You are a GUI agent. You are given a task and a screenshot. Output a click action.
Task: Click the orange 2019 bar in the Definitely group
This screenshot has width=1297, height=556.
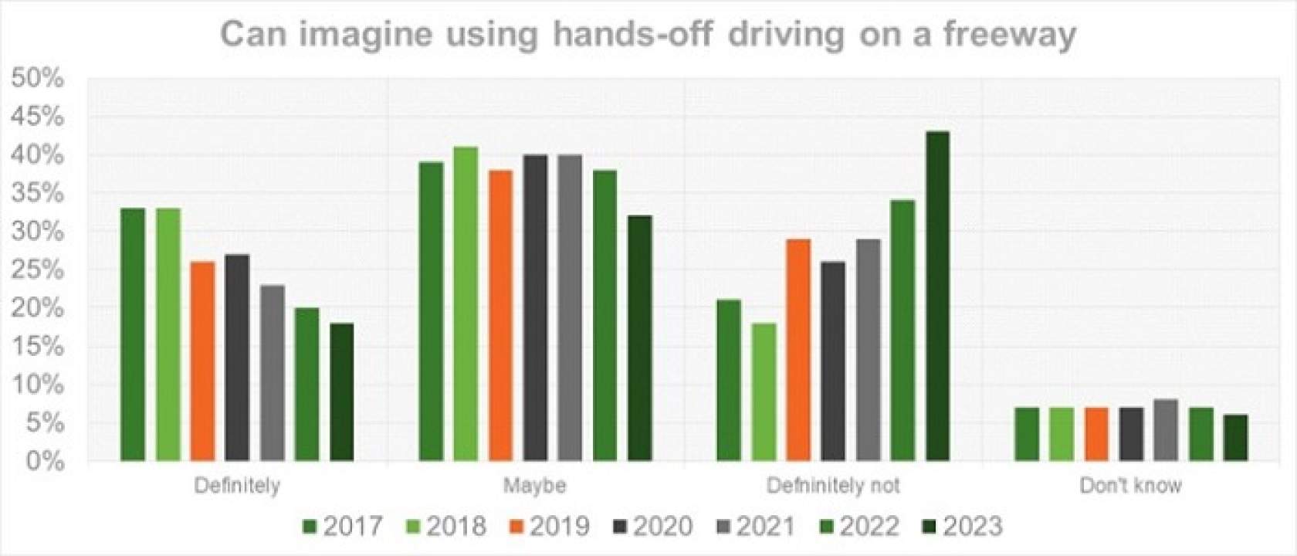pyautogui.click(x=202, y=361)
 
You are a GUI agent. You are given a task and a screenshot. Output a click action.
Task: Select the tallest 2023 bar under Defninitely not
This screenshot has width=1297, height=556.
pyautogui.click(x=937, y=297)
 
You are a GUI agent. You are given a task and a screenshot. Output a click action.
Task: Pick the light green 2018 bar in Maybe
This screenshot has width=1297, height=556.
pyautogui.click(x=466, y=304)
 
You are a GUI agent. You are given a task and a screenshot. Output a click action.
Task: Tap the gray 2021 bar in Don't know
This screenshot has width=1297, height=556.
pyautogui.click(x=1166, y=430)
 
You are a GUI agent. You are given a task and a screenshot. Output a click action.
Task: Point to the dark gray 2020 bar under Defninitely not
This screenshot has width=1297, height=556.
pyautogui.click(x=833, y=361)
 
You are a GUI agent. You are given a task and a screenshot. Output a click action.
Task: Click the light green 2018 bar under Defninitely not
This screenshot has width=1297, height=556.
pyautogui.click(x=764, y=392)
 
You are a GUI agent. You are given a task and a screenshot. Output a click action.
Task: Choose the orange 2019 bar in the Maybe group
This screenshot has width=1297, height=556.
pyautogui.click(x=500, y=316)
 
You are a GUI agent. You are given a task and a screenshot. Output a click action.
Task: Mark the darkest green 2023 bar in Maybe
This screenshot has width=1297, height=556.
pyautogui.click(x=640, y=338)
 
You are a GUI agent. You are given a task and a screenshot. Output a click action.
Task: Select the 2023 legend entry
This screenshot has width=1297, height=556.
pyautogui.click(x=961, y=526)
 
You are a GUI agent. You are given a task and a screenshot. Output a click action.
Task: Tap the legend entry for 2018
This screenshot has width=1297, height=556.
pyautogui.click(x=445, y=526)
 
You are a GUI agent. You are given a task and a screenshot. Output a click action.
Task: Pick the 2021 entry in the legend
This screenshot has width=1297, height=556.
pyautogui.click(x=755, y=526)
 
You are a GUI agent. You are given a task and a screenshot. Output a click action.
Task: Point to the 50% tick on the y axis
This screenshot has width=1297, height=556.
pyautogui.click(x=37, y=78)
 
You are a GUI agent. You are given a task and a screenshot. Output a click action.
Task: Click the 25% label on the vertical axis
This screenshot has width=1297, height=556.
pyautogui.click(x=37, y=270)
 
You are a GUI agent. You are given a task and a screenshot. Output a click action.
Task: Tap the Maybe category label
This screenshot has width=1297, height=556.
pyautogui.click(x=534, y=486)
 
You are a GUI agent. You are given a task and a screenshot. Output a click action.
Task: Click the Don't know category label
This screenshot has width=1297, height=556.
pyautogui.click(x=1130, y=486)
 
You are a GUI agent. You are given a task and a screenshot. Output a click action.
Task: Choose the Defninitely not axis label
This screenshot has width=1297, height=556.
pyautogui.click(x=833, y=486)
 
